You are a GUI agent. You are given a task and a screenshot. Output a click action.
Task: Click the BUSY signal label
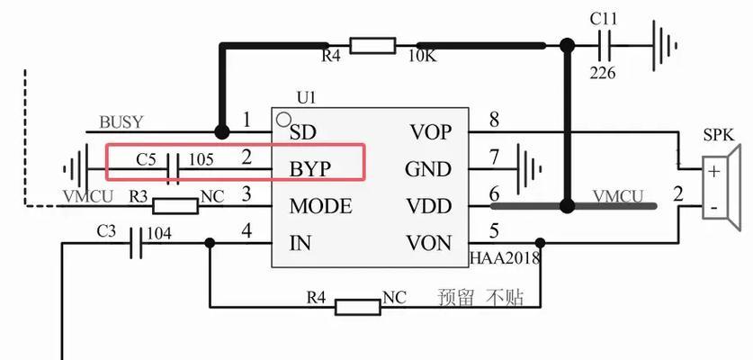click(x=121, y=122)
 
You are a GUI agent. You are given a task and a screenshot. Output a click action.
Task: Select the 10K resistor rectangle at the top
click(x=372, y=46)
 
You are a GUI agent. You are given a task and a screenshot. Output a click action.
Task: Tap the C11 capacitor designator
click(x=604, y=18)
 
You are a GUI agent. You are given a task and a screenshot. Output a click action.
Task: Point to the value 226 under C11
click(x=602, y=73)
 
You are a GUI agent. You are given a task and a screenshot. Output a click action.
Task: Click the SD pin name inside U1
click(x=302, y=132)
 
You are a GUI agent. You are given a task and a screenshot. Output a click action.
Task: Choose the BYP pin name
click(x=309, y=169)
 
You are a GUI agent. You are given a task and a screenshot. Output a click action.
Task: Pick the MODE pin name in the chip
click(x=320, y=206)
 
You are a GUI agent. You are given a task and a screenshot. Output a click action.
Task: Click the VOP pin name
click(x=430, y=131)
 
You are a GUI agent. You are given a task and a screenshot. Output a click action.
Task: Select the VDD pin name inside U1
click(x=429, y=206)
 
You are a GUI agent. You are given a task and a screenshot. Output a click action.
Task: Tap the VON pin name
click(x=429, y=243)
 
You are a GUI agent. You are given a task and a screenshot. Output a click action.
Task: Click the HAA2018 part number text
click(x=505, y=258)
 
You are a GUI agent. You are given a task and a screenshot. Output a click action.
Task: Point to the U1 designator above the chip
click(x=307, y=98)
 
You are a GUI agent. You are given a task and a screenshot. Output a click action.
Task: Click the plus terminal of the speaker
click(x=714, y=171)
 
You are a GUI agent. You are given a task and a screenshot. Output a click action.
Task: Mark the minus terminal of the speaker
click(x=713, y=207)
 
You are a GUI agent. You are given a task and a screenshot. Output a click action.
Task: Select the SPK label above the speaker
click(x=719, y=135)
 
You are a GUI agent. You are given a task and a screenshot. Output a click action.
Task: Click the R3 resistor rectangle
click(x=175, y=206)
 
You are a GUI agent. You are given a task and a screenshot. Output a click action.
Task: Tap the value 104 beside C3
click(x=158, y=234)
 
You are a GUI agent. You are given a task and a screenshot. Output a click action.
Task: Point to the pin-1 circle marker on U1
click(x=283, y=119)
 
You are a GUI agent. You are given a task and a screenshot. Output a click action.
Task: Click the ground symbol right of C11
click(x=665, y=46)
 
